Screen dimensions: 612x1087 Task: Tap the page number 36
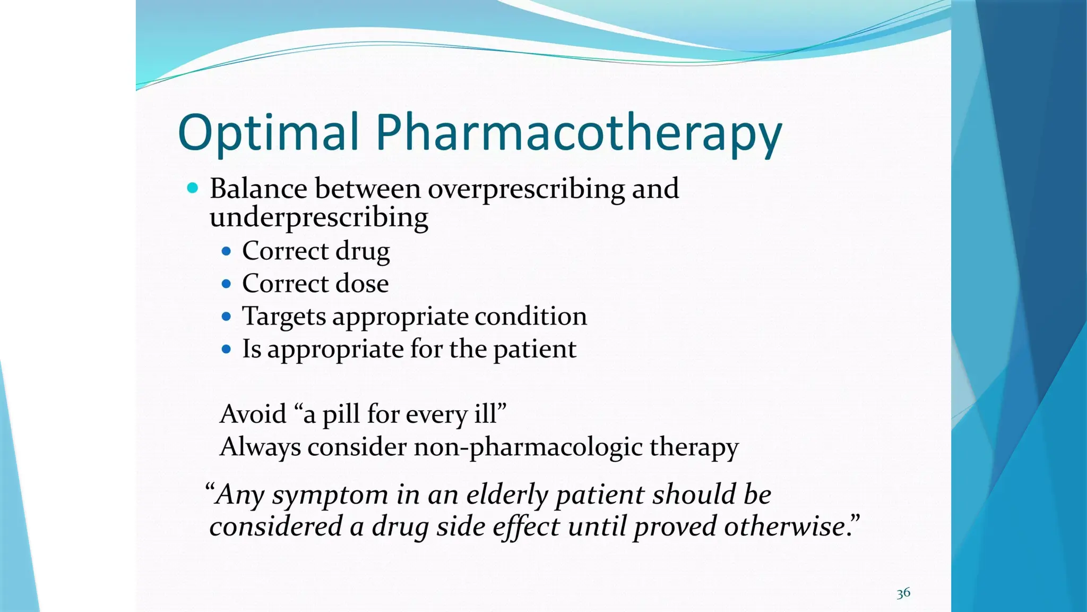(903, 593)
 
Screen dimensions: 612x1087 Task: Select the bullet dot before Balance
(193, 188)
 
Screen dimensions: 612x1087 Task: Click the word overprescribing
(526, 189)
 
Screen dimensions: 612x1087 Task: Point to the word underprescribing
(318, 218)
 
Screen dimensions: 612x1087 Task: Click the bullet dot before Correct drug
(227, 251)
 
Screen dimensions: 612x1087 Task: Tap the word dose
(363, 283)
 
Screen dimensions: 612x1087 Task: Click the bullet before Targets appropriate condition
(227, 317)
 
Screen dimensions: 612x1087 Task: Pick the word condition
(530, 316)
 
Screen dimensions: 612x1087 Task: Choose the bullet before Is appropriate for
(227, 349)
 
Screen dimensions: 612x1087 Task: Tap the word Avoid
(253, 414)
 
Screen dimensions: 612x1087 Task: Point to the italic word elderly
(507, 495)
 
